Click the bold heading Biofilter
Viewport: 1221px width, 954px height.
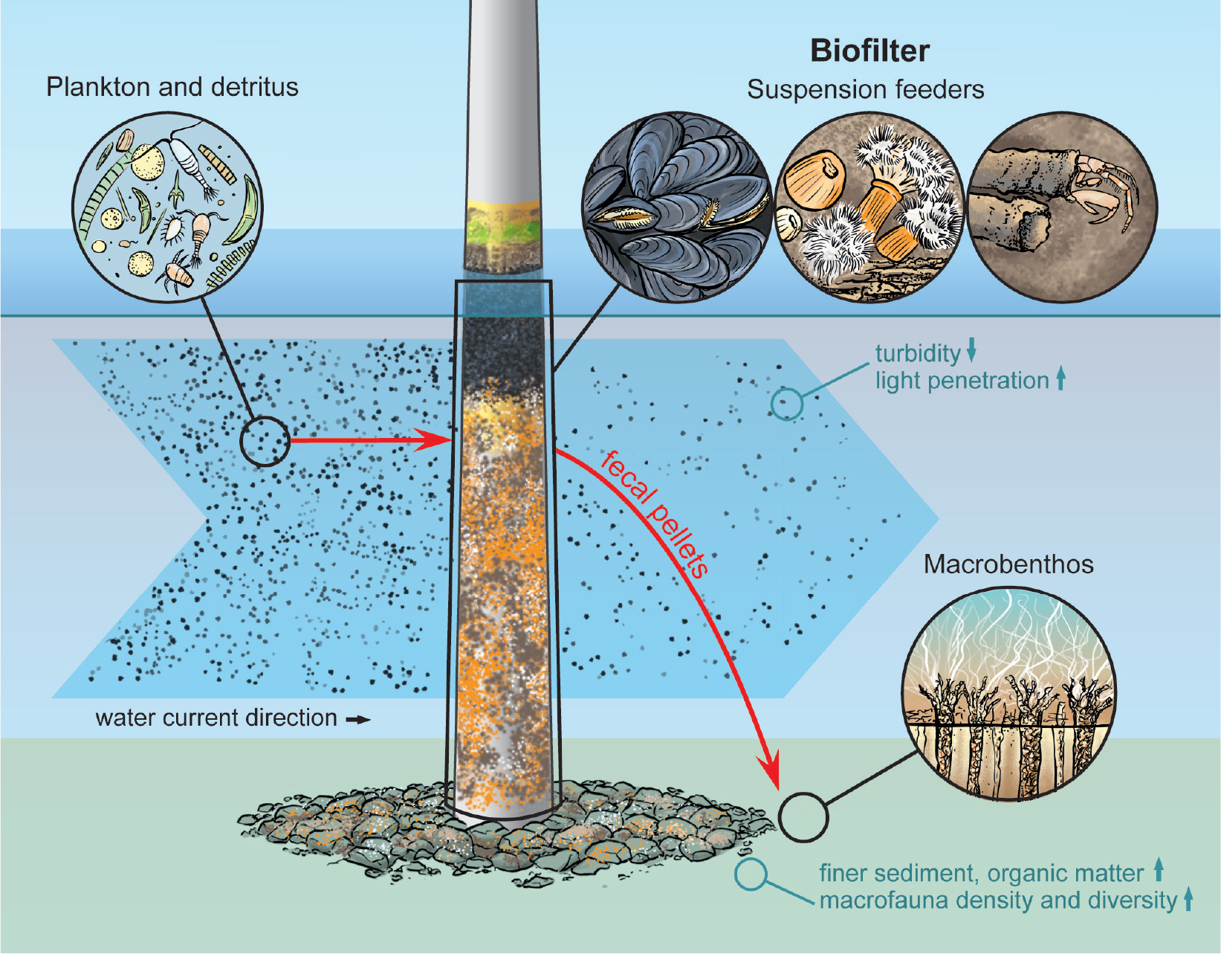point(869,51)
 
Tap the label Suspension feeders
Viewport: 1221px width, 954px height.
point(865,89)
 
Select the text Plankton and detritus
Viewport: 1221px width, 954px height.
point(172,87)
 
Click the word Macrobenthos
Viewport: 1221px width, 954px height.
point(1008,564)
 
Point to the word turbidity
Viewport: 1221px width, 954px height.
point(918,353)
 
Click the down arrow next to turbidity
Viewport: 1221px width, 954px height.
point(971,349)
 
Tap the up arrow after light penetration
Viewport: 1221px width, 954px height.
point(1060,378)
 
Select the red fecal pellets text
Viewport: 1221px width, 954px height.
point(654,514)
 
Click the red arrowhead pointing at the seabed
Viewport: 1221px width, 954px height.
point(770,773)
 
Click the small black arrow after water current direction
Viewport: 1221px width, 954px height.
point(358,719)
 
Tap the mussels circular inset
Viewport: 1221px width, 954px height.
point(676,207)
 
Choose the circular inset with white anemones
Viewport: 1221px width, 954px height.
point(869,207)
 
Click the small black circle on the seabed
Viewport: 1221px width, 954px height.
point(803,816)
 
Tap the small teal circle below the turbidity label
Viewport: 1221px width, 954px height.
point(786,404)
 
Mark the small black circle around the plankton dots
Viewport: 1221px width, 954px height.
point(264,441)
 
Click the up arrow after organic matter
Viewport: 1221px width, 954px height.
point(1158,870)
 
